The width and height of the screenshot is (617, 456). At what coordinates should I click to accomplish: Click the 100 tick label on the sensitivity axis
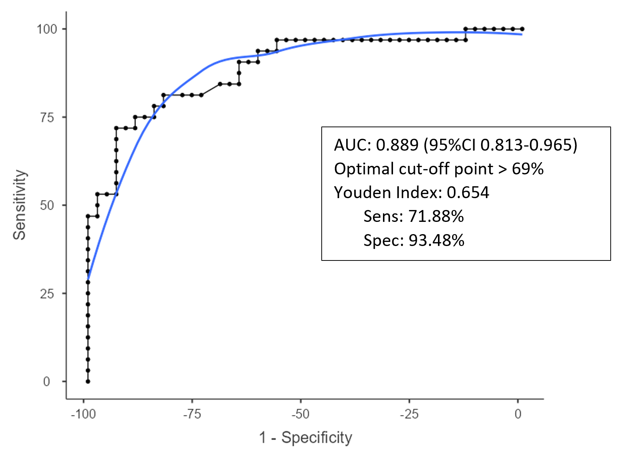pos(46,29)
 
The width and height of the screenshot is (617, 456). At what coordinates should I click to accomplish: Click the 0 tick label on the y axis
pos(46,381)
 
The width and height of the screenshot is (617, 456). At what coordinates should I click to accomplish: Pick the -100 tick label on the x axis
pos(83,414)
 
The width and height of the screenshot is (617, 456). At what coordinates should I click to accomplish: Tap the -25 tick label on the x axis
pos(409,414)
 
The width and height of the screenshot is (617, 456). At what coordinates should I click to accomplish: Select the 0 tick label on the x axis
pos(518,414)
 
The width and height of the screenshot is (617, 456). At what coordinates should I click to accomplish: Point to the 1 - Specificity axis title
pos(305,437)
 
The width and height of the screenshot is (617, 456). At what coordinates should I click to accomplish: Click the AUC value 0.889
pos(397,145)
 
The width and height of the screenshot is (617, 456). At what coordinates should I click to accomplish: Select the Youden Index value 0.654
pos(468,192)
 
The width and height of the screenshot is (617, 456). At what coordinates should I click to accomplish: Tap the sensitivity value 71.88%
pos(436,216)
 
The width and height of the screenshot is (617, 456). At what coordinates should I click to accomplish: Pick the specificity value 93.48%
pos(436,240)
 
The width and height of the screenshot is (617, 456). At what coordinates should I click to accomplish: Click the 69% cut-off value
pos(527,169)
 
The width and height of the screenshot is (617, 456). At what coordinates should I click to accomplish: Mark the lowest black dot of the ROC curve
pos(88,381)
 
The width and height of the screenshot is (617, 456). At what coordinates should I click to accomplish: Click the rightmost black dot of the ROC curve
pos(522,29)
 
